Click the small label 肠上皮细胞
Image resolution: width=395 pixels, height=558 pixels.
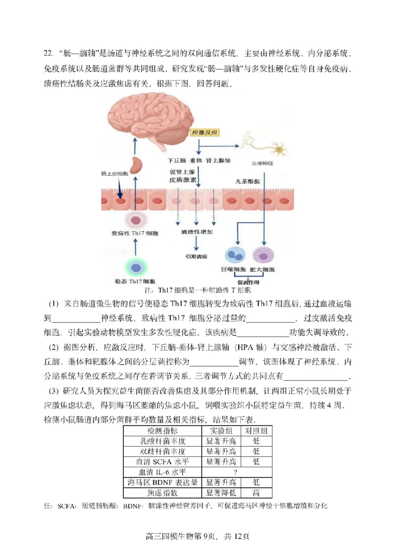pyautogui.click(x=115, y=174)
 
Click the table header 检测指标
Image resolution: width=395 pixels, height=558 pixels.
pyautogui.click(x=162, y=430)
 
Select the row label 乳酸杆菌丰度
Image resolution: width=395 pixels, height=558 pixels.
pyautogui.click(x=162, y=441)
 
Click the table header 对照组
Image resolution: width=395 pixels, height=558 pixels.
pyautogui.click(x=256, y=430)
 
